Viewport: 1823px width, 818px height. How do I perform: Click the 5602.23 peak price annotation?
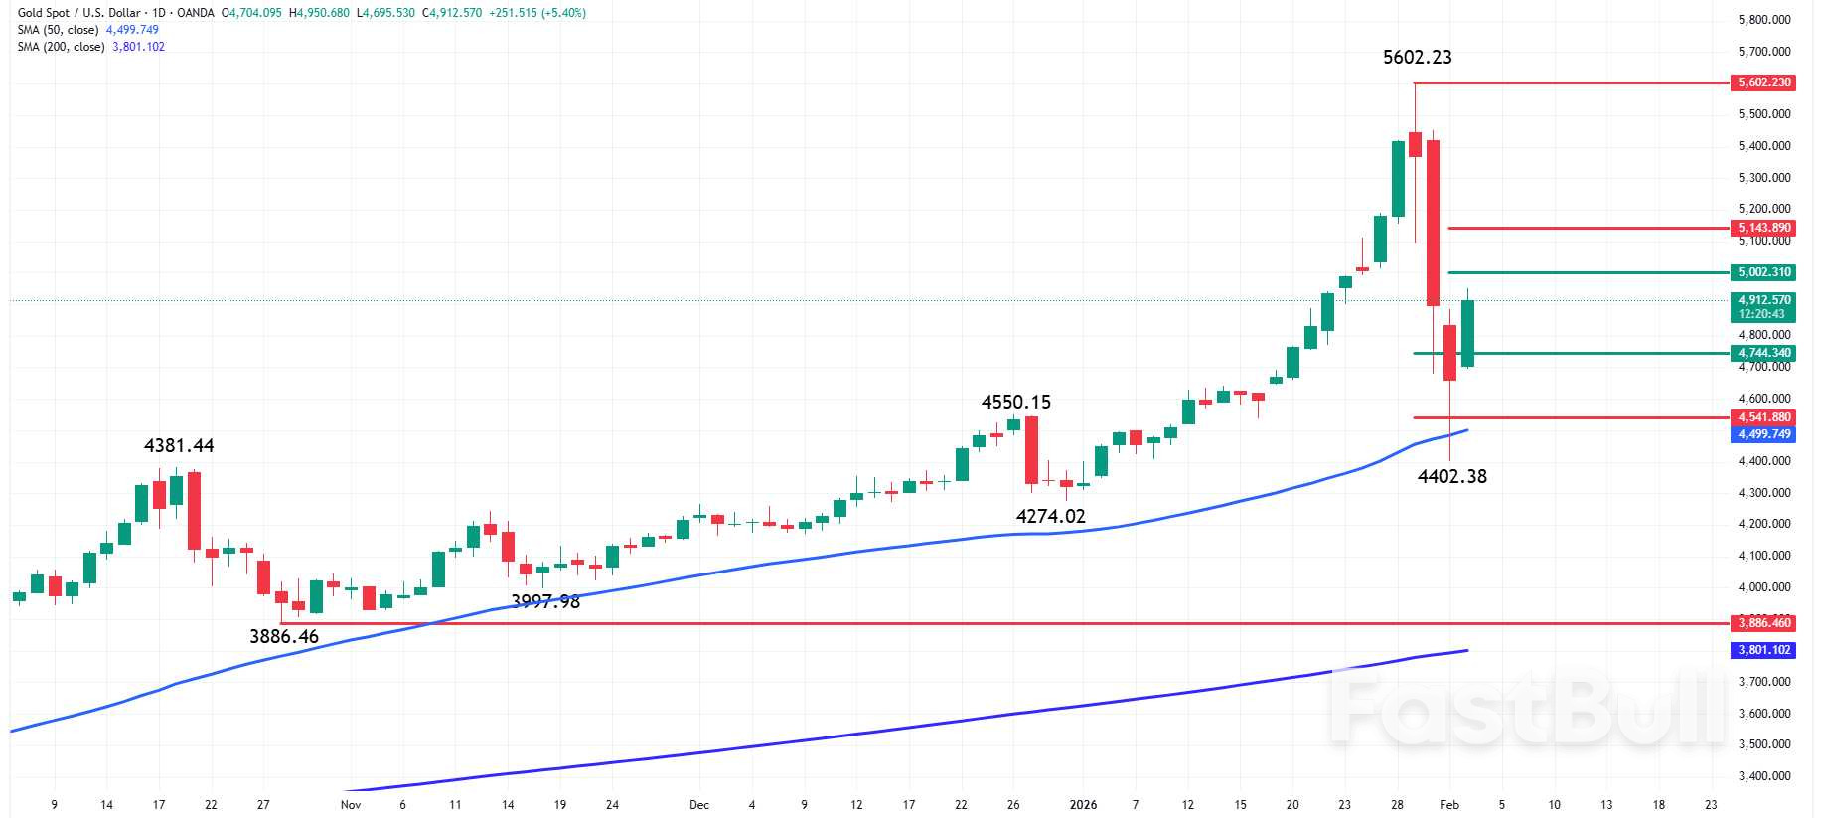[x=1417, y=58]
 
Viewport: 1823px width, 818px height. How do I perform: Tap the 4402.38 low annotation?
[x=1451, y=477]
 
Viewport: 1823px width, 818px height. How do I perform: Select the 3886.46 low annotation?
[x=284, y=637]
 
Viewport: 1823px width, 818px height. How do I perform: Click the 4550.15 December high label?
[x=1015, y=403]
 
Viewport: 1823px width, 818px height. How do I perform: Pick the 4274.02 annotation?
[x=1050, y=517]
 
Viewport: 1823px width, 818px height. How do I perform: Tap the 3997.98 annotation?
[x=545, y=601]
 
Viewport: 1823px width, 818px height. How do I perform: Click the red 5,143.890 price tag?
[x=1764, y=228]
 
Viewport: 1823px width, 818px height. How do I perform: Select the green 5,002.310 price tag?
[x=1764, y=272]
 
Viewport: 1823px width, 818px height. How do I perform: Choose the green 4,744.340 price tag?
[x=1764, y=353]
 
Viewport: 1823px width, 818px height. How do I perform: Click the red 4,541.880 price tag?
[x=1764, y=417]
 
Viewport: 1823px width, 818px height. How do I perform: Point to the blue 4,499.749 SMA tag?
[x=1764, y=434]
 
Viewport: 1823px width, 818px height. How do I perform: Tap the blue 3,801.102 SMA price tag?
[x=1764, y=650]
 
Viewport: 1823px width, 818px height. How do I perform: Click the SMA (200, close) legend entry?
[x=61, y=47]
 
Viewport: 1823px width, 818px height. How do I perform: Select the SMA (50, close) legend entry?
[x=58, y=30]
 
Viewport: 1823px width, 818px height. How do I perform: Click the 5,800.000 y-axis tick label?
[x=1764, y=20]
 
